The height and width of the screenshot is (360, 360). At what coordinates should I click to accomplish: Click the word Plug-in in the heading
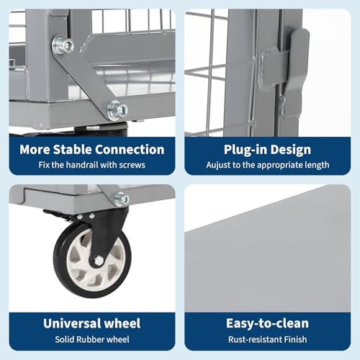pos(242,150)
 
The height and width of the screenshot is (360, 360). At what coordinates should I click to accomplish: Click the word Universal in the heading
pos(72,323)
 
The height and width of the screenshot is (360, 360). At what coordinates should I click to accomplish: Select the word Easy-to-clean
pos(267,323)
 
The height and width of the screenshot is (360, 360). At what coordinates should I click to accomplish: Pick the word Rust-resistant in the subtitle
pos(255,339)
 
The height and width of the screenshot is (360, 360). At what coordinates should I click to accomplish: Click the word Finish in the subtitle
pos(295,339)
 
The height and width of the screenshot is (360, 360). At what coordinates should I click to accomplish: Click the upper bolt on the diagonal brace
pos(63,45)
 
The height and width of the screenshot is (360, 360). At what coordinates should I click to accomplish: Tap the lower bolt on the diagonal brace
pos(117,110)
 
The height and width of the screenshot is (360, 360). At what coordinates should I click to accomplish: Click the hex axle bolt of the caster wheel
pos(98,261)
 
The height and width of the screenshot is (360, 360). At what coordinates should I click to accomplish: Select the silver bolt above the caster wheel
pos(122,199)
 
